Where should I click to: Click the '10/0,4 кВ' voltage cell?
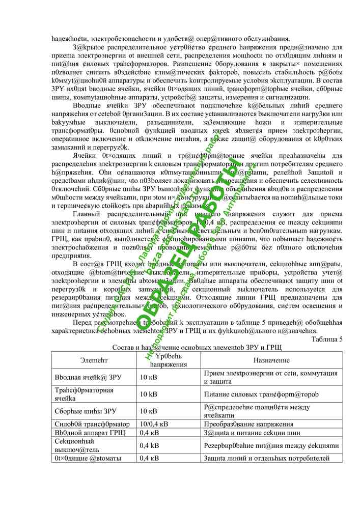[x=154, y=424]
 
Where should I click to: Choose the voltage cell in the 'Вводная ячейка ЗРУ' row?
[x=148, y=377]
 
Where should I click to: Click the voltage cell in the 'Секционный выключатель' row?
[x=149, y=445]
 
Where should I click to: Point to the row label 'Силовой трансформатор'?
[x=92, y=424]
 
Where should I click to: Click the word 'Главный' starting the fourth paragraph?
[x=87, y=214]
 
